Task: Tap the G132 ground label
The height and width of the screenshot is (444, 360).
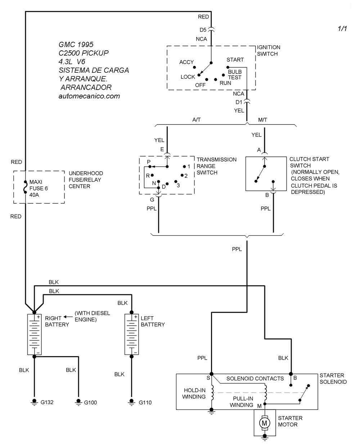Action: click(47, 402)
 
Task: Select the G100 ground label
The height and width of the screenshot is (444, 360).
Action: click(90, 402)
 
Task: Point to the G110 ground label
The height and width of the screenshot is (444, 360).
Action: click(145, 402)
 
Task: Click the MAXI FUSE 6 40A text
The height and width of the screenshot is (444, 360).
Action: click(39, 189)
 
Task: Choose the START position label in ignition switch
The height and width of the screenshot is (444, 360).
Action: click(235, 60)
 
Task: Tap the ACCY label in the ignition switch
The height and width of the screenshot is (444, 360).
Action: click(186, 62)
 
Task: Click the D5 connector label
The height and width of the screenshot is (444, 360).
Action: click(203, 30)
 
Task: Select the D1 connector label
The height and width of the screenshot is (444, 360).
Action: click(239, 102)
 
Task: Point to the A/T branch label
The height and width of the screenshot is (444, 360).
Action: click(197, 120)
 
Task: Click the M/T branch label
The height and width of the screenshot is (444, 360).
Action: click(263, 120)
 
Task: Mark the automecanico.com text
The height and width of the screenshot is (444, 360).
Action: click(89, 96)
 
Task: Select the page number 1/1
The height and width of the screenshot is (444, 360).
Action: click(342, 29)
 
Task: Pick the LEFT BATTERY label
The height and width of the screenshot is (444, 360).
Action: click(152, 321)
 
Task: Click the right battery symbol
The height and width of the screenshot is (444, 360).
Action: click(35, 334)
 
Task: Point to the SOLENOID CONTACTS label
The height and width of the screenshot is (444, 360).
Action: click(255, 379)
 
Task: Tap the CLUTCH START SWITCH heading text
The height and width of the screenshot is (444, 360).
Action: click(309, 162)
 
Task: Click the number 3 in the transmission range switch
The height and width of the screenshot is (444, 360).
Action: click(178, 185)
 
